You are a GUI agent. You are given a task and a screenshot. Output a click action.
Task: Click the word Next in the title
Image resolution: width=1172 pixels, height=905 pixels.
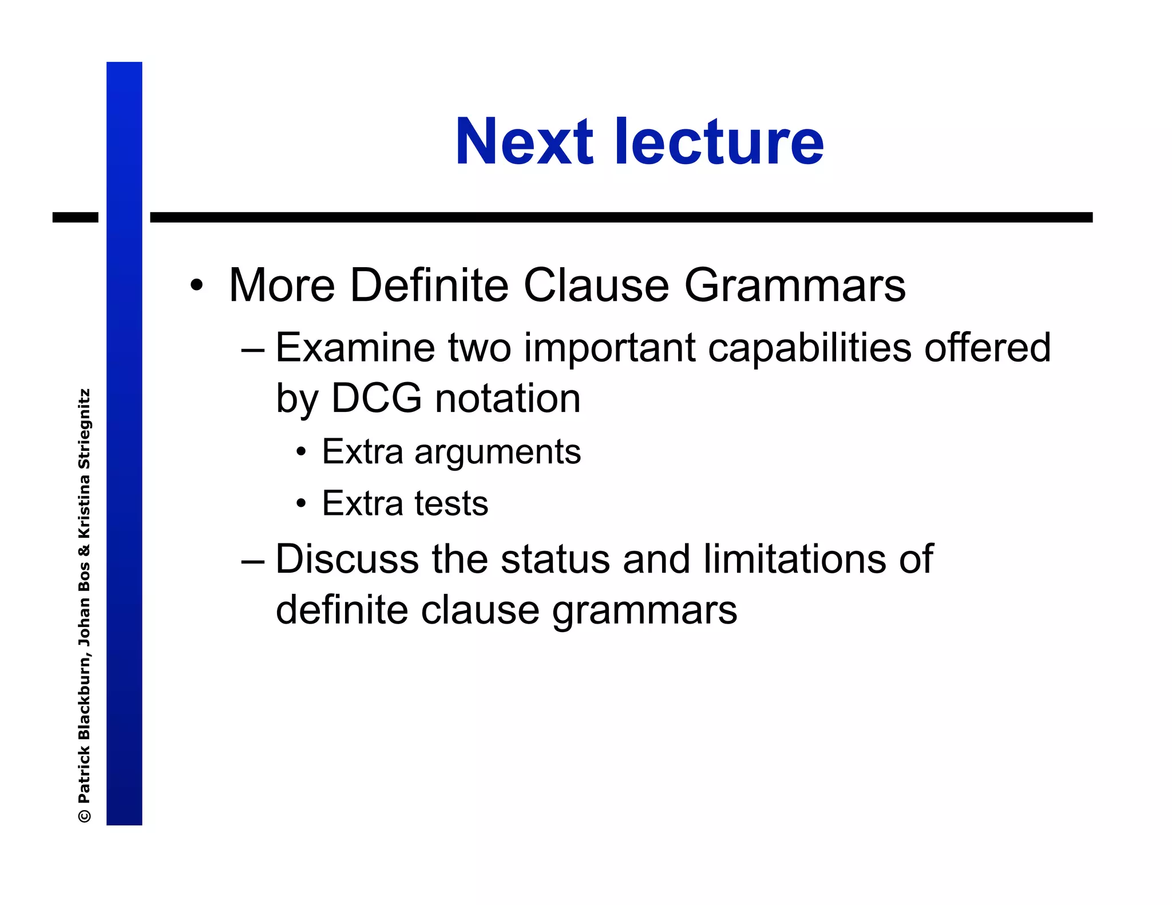tap(524, 142)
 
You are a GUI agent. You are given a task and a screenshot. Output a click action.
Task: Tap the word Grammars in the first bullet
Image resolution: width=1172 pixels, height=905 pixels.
tap(795, 285)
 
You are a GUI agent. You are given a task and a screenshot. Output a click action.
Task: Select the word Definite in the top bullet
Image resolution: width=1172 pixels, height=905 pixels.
tap(429, 285)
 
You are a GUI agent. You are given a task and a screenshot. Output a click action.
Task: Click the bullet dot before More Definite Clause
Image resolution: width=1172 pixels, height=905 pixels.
tap(196, 285)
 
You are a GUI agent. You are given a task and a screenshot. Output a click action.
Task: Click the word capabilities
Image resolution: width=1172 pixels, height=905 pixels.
tap(809, 348)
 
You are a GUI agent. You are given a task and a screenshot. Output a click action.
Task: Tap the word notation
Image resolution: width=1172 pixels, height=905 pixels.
tap(508, 398)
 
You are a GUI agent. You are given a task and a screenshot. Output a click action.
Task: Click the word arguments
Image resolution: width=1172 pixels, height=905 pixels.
tap(497, 453)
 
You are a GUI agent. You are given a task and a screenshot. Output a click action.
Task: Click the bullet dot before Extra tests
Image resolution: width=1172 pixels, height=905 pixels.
tap(301, 504)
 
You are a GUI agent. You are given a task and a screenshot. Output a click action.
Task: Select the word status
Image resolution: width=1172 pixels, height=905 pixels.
tap(555, 559)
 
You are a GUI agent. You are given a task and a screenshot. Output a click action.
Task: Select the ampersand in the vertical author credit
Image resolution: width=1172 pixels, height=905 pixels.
tap(85, 550)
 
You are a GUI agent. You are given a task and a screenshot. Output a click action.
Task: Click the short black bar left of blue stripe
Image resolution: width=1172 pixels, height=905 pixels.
tap(75, 217)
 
